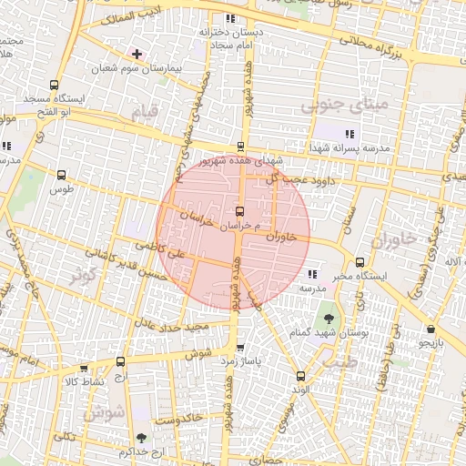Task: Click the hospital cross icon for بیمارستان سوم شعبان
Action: point(137,54)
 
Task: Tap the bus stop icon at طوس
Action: point(62,175)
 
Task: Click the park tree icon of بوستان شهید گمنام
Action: point(328,319)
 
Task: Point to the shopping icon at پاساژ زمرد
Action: point(239,348)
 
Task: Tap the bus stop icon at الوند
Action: point(300,375)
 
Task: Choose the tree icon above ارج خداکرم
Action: point(139,438)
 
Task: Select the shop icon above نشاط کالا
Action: point(84,369)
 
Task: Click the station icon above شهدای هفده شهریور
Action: point(240,146)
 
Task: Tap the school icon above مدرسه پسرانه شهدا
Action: point(349,134)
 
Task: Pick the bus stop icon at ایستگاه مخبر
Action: point(360,261)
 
